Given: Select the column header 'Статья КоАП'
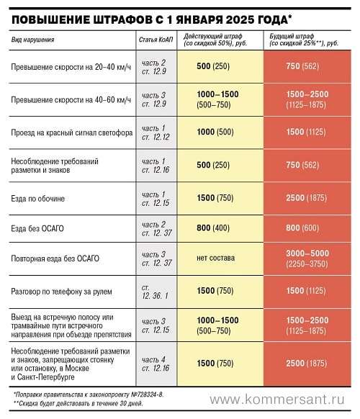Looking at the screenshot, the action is point(156,40).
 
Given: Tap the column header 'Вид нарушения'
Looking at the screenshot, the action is point(32,40).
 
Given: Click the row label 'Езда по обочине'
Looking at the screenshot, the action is point(37,199).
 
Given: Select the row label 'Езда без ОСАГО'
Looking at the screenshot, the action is point(37,228).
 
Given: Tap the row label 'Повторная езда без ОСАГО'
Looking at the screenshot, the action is point(55,258).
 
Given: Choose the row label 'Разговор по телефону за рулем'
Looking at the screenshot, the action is point(61,292).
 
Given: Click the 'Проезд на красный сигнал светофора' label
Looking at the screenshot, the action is point(72,132).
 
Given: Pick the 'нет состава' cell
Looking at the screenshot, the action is point(216,258).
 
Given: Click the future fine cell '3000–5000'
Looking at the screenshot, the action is point(307,253).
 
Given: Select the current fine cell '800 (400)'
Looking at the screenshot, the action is point(213,227).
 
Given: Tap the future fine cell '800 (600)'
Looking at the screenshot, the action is point(302,227).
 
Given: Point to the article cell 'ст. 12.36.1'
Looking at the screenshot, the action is point(155,292).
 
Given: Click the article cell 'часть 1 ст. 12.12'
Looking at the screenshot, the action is point(156,132).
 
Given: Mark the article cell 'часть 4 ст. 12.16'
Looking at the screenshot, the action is point(156,364).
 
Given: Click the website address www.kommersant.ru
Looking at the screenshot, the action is point(277,400).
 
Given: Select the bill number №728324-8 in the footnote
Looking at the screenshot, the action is point(147,395).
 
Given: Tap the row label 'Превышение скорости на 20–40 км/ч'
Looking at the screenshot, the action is point(71,67).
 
